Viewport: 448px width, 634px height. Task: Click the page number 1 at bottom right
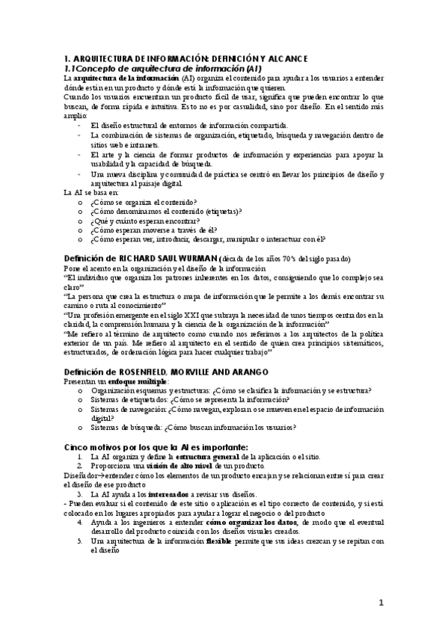(x=380, y=603)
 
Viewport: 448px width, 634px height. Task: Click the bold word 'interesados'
(x=169, y=494)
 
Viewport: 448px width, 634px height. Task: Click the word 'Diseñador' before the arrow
(x=82, y=475)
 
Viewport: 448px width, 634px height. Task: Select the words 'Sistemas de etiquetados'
(x=127, y=400)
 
